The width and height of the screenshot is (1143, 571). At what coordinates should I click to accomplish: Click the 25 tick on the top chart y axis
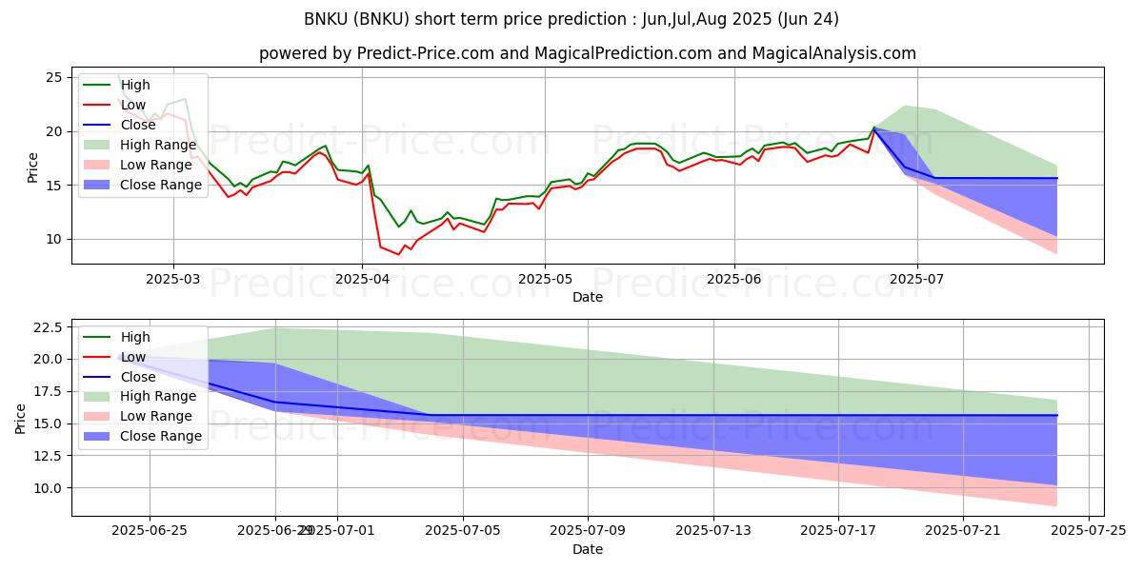point(53,77)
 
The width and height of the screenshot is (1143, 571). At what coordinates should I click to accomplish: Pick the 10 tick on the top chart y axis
point(53,239)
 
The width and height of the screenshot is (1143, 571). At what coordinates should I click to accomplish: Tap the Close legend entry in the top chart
point(138,125)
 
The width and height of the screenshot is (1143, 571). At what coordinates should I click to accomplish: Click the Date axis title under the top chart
point(588,297)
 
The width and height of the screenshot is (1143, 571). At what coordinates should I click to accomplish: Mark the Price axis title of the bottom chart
point(21,418)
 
